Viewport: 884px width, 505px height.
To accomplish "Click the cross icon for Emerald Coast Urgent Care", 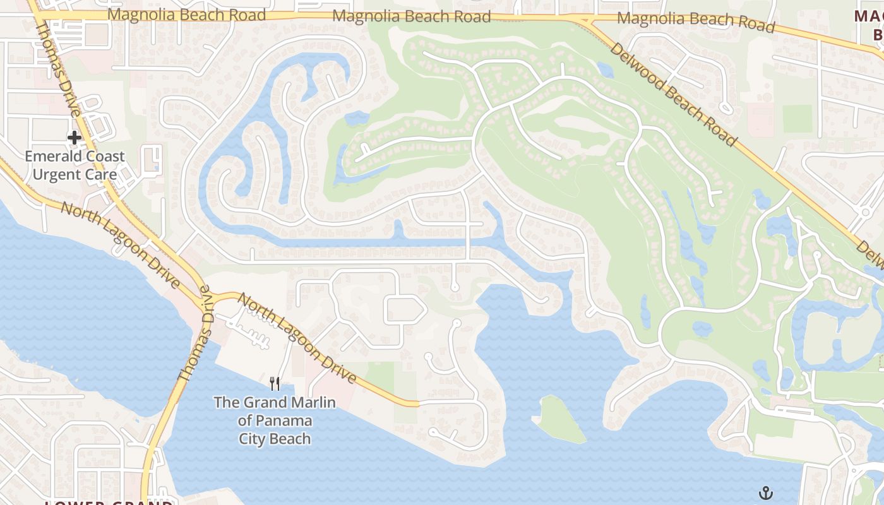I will (75, 137).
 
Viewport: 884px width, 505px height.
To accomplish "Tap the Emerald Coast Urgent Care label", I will (75, 165).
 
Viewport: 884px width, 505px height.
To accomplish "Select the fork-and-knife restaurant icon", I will (275, 383).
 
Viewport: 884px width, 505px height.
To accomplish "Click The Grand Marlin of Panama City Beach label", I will (275, 420).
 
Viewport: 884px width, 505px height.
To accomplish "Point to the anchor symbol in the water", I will (766, 492).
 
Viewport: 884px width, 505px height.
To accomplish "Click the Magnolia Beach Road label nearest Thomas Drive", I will (187, 15).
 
